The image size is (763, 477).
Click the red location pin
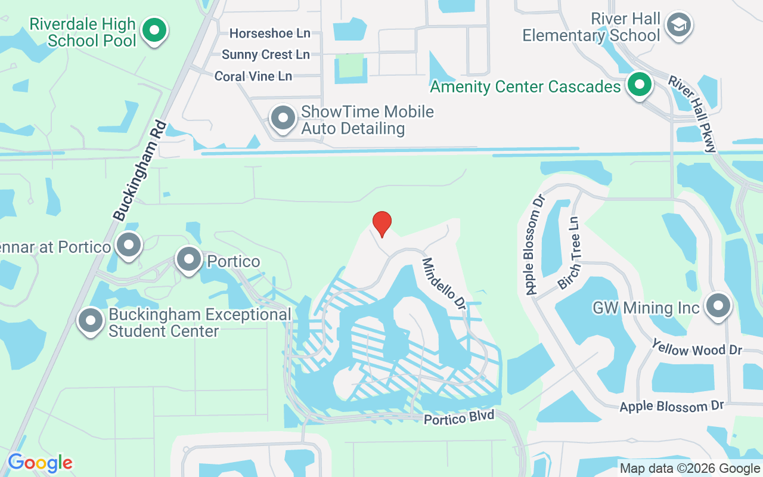tap(381, 224)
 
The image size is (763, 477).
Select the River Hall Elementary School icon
tap(678, 26)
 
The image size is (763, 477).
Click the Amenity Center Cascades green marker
tap(640, 85)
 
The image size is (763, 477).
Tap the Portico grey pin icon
tap(190, 259)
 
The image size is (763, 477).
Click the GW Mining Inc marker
tap(718, 306)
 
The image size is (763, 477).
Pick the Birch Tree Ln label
tap(569, 253)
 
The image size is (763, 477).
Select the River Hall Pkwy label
tap(691, 113)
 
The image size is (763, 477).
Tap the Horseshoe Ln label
tap(270, 33)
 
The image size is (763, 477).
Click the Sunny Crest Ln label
tap(266, 55)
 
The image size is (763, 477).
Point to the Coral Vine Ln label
tap(253, 76)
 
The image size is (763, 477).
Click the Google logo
tap(40, 463)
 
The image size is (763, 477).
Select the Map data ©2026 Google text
tap(690, 469)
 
